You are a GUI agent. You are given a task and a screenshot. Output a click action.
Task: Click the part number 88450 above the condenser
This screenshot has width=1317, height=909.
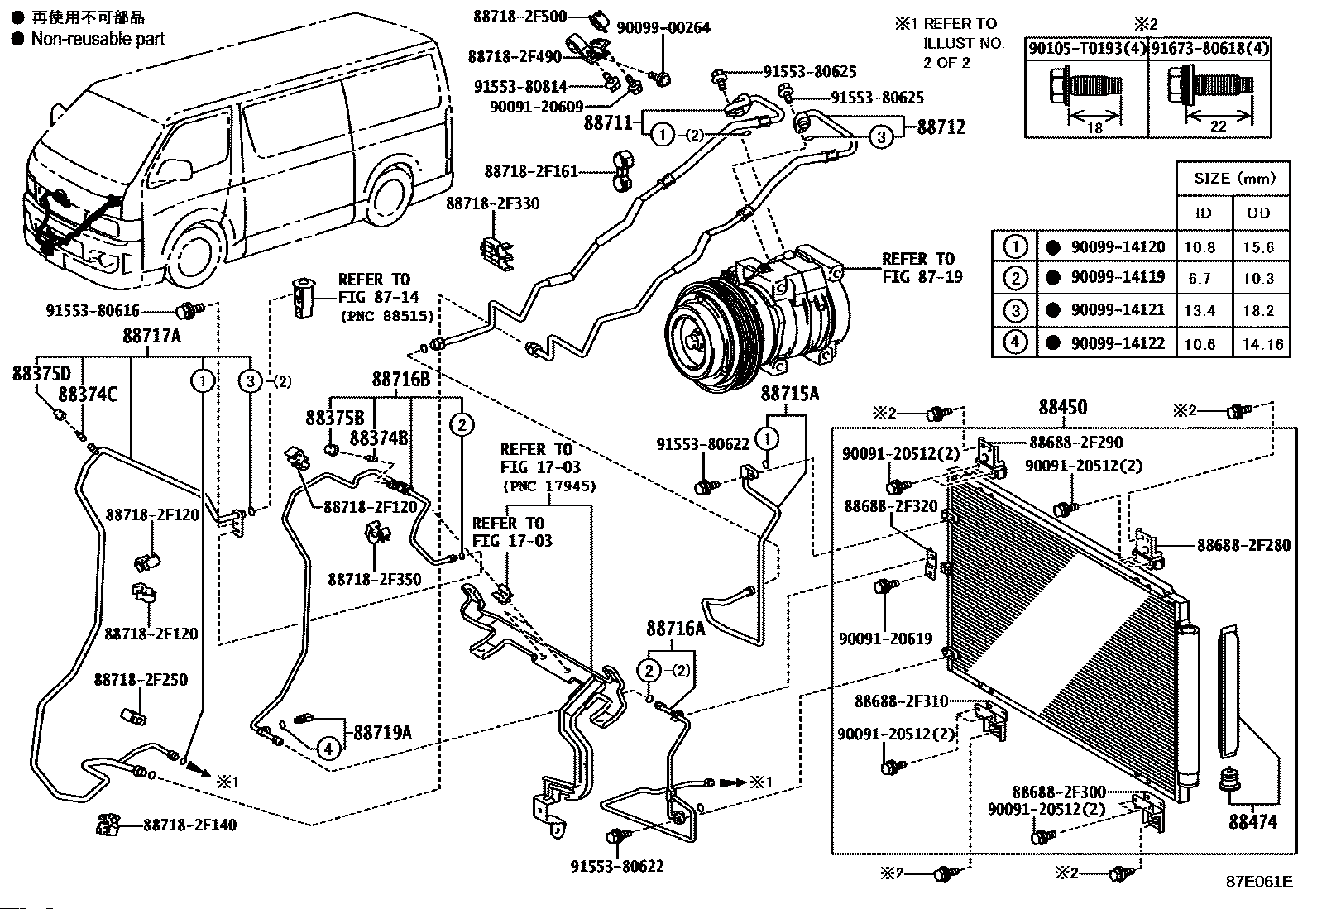1062,408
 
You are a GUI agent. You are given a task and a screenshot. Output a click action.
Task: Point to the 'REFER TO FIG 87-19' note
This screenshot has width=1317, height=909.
922,268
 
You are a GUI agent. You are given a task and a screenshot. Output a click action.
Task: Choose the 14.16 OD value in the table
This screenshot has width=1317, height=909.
1262,343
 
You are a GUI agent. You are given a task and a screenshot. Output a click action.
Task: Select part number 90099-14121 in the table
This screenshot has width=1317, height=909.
1118,310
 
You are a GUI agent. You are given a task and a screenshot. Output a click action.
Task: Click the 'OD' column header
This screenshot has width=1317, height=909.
1258,213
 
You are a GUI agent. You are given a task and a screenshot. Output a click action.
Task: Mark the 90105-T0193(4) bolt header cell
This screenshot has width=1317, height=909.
1086,49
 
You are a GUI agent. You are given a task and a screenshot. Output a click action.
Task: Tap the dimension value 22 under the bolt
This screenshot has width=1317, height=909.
1218,127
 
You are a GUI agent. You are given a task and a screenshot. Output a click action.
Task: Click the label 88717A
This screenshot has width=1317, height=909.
152,337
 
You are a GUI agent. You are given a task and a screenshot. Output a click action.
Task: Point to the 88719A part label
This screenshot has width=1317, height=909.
382,732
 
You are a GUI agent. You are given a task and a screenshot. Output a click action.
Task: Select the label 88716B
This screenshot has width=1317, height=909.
401,379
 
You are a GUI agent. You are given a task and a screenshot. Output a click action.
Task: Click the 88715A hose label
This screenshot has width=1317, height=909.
790,394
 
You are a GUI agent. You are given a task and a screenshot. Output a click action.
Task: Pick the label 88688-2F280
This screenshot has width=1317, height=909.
1243,546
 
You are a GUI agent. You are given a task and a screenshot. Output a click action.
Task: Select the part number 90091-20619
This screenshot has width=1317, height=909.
885,639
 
